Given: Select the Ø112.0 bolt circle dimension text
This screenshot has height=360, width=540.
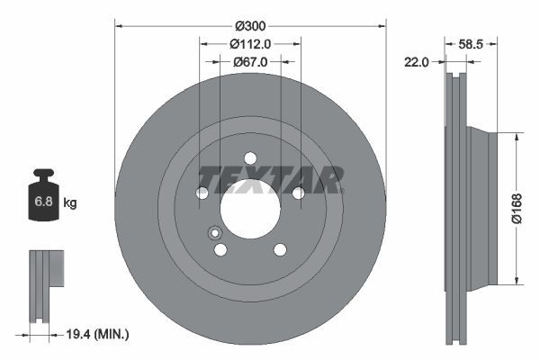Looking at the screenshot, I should click(250, 44).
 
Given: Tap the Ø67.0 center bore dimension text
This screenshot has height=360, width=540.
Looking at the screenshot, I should click(250, 62).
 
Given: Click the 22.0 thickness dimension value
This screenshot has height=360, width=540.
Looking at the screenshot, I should click(417, 61).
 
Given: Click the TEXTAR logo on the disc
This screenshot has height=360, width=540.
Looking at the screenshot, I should click(270, 179).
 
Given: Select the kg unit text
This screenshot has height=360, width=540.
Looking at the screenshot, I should click(70, 203).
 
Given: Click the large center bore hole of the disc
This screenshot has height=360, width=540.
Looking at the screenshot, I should click(250, 216).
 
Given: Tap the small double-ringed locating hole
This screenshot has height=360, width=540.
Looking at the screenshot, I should click(215, 235).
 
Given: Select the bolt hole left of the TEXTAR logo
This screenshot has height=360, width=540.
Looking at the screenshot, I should click(202, 193).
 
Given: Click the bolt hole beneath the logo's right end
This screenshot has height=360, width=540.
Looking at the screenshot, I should click(298, 193).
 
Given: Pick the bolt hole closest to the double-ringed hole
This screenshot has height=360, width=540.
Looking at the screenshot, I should click(220, 249).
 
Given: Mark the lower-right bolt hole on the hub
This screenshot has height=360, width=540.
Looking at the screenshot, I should click(280, 249).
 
